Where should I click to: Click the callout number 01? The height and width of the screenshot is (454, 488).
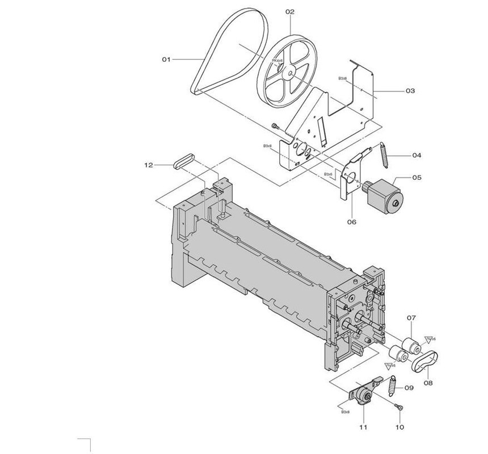[166, 59]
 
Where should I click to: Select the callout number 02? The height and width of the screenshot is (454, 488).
[290, 11]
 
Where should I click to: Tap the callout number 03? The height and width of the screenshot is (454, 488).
[410, 91]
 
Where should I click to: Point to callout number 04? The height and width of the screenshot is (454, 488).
[417, 155]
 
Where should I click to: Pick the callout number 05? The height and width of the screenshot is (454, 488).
[417, 178]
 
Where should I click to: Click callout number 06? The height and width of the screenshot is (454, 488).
[351, 222]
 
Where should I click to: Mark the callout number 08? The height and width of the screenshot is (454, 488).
[428, 383]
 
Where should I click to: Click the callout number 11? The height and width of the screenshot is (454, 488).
[363, 426]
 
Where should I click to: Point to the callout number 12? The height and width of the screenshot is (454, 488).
[149, 165]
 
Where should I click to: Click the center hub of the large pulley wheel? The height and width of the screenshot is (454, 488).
[289, 73]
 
